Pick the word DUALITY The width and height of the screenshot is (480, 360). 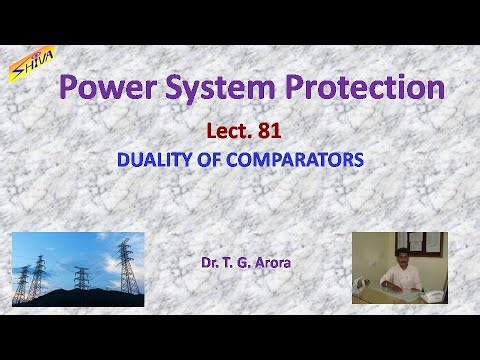154,159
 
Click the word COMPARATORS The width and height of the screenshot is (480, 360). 297,159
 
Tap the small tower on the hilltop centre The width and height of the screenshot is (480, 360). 80,274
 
